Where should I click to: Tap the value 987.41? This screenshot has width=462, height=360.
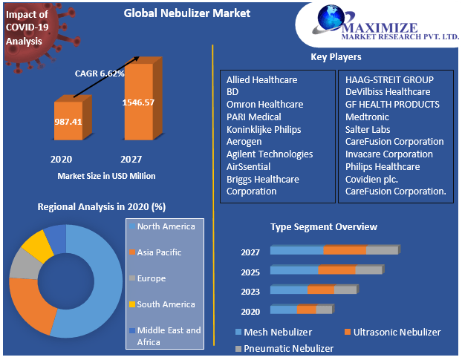(x=68, y=120)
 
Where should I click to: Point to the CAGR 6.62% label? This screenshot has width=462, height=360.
(x=100, y=73)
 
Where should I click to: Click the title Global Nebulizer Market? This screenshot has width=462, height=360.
(x=187, y=13)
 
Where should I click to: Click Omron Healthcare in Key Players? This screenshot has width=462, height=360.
(x=264, y=105)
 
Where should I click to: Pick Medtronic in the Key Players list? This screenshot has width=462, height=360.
(x=368, y=117)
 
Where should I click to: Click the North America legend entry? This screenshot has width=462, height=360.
(x=166, y=226)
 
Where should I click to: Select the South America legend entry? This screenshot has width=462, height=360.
(x=165, y=304)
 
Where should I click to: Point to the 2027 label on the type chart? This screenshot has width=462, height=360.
(x=250, y=252)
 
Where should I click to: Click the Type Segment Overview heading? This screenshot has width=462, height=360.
(x=323, y=226)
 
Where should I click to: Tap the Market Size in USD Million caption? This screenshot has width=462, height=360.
(x=106, y=176)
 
